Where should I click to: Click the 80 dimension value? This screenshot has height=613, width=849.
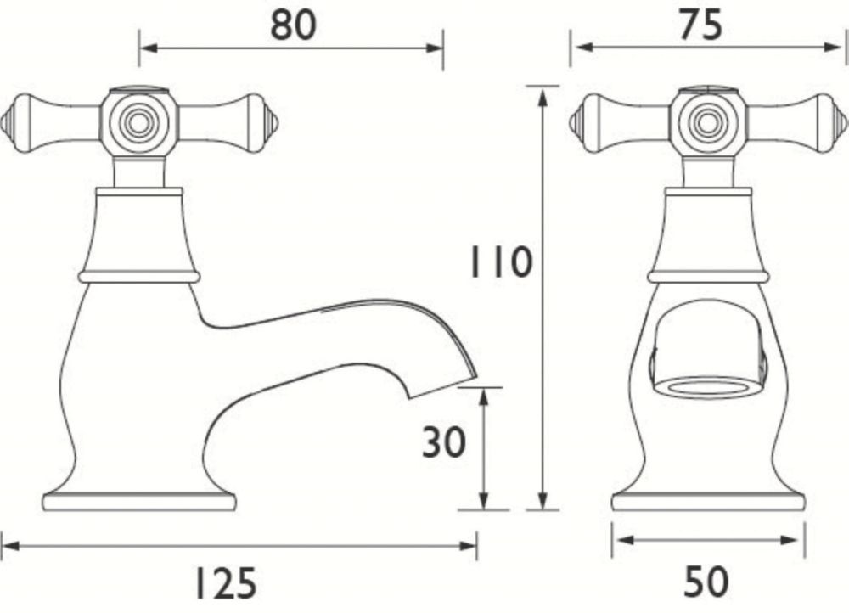pyautogui.click(x=293, y=25)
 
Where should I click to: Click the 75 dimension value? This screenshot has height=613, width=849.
pyautogui.click(x=701, y=25)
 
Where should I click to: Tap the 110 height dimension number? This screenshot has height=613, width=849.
pyautogui.click(x=500, y=262)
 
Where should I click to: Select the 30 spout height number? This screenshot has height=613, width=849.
pyautogui.click(x=443, y=441)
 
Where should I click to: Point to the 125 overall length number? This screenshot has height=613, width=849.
pyautogui.click(x=225, y=583)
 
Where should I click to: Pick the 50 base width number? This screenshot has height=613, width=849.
pyautogui.click(x=706, y=582)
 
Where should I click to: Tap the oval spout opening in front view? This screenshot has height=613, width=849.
pyautogui.click(x=703, y=389)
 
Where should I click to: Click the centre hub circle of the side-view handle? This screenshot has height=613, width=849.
pyautogui.click(x=138, y=123)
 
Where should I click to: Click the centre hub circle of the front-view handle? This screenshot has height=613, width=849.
pyautogui.click(x=707, y=123)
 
